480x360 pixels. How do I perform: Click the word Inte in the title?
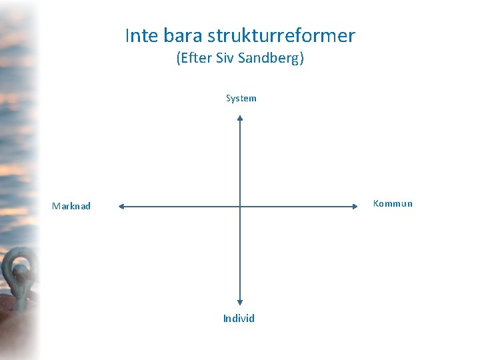(139, 35)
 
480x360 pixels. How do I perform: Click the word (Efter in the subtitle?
(194, 59)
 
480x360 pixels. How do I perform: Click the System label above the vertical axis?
(241, 99)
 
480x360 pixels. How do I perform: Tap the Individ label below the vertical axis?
(239, 319)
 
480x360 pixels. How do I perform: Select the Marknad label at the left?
(71, 207)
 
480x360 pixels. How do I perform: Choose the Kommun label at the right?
(393, 204)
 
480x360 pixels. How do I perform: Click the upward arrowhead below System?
(240, 119)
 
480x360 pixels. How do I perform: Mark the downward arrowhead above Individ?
(240, 303)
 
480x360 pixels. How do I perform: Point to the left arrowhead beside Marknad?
(122, 207)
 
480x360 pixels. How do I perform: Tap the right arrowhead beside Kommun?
(355, 207)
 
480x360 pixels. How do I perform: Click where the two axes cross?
(240, 207)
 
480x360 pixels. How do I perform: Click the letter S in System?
(229, 99)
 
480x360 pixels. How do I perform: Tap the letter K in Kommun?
(376, 204)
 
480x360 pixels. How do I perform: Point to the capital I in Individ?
(225, 319)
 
